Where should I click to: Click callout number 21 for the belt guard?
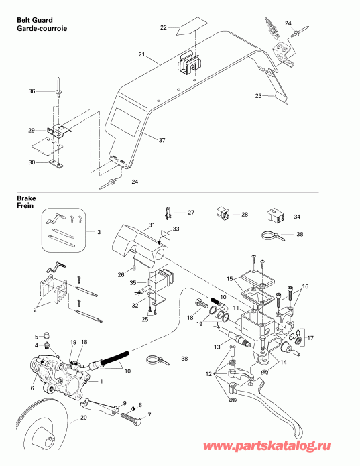[x=141, y=54]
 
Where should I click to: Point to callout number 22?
[x=164, y=27]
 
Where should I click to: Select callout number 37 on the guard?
[x=162, y=140]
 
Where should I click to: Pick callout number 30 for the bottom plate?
[x=32, y=162]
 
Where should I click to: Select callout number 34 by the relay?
[x=298, y=217]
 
